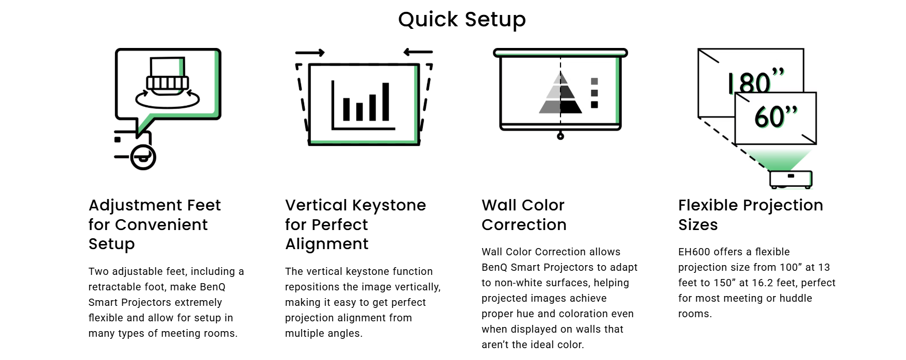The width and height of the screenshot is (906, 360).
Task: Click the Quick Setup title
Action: (x=462, y=20)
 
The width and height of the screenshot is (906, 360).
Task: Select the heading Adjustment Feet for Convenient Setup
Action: (x=155, y=224)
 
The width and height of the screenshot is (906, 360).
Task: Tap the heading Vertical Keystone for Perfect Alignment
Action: (x=356, y=224)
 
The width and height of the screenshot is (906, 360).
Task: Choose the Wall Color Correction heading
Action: (x=524, y=215)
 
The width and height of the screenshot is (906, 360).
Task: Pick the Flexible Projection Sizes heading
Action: (x=750, y=215)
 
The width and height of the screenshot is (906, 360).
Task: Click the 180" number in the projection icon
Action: (x=756, y=81)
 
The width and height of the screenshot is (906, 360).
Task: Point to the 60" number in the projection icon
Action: (x=776, y=116)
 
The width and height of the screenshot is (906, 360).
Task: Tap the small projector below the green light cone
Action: (x=791, y=179)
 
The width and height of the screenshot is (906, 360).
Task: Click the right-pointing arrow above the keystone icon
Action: (x=310, y=53)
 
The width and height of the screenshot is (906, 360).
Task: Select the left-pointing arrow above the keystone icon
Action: (x=418, y=52)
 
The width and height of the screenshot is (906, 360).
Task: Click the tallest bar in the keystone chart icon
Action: (x=385, y=102)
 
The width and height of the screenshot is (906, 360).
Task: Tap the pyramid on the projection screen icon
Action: (x=561, y=93)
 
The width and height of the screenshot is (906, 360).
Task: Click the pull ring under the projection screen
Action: (x=561, y=136)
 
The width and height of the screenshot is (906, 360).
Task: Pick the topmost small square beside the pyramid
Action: (x=595, y=81)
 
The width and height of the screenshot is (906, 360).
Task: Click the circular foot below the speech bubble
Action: (x=143, y=157)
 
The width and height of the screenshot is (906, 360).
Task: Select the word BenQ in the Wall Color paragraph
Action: (x=495, y=267)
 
